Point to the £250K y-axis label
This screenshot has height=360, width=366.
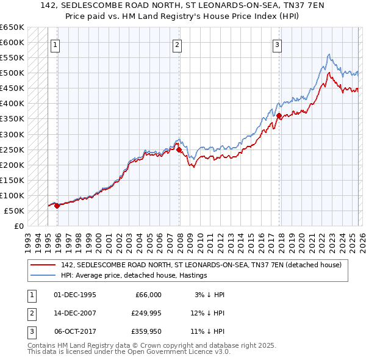click(x=12, y=149)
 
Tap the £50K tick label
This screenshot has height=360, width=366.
click(x=14, y=211)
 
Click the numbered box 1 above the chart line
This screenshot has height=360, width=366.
click(x=56, y=44)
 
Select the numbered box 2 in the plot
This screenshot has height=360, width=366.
click(x=177, y=44)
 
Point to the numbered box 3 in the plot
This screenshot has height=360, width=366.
click(x=277, y=44)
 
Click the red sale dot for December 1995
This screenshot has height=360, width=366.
click(x=57, y=206)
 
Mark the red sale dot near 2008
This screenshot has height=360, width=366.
click(x=179, y=149)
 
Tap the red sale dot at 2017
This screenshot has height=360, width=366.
click(x=279, y=116)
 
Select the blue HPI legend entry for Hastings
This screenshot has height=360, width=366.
click(x=134, y=275)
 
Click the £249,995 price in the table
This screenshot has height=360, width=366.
click(x=146, y=313)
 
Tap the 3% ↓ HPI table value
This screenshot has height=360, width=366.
click(x=210, y=295)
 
